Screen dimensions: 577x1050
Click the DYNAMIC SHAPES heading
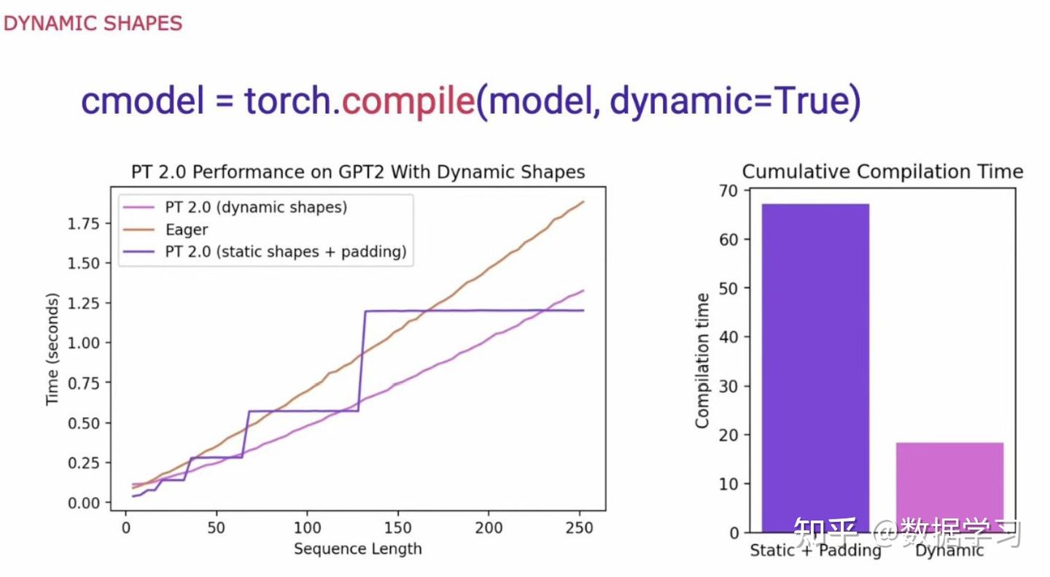click(x=93, y=23)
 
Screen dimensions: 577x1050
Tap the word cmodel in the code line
click(x=143, y=101)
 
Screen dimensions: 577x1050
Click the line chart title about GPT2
click(x=358, y=172)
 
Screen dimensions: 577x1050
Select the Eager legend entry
click(x=187, y=230)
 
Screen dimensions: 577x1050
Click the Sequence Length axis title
click(x=358, y=549)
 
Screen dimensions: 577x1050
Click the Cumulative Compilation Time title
click(x=882, y=172)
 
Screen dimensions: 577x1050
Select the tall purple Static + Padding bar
click(x=815, y=365)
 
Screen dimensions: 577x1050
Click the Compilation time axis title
click(x=702, y=360)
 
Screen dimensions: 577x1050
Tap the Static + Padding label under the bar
click(x=815, y=551)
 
